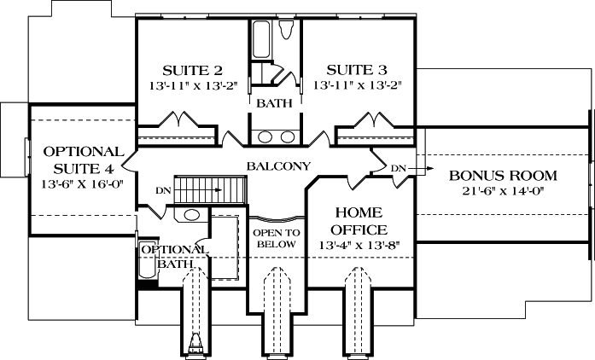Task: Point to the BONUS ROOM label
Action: (x=503, y=176)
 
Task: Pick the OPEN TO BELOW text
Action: (x=275, y=237)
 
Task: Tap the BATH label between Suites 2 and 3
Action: (x=274, y=103)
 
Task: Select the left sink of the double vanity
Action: (x=265, y=136)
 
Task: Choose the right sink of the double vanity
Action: (x=287, y=136)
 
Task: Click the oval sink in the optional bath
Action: (x=192, y=215)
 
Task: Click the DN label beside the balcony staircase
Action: (x=162, y=190)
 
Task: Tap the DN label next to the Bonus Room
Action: (x=398, y=169)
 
